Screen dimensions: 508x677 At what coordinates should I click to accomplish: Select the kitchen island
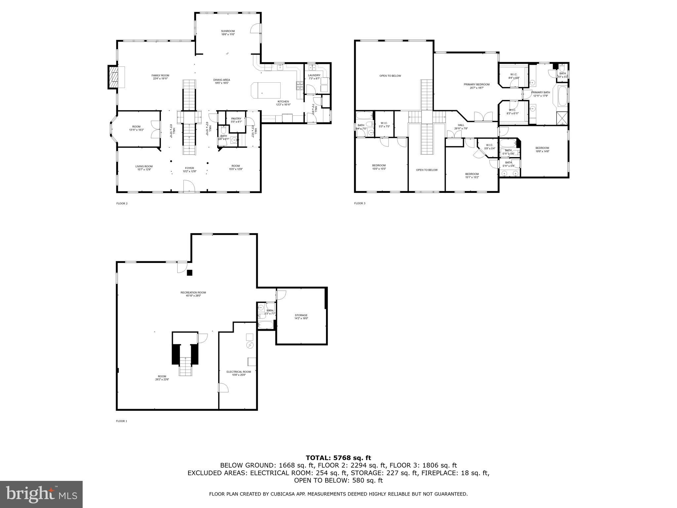tap(265, 90)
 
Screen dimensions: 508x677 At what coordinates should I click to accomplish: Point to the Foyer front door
tap(189, 186)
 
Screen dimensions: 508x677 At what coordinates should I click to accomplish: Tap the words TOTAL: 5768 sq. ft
tap(338, 458)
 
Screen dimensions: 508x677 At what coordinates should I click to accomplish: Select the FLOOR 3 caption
tap(360, 203)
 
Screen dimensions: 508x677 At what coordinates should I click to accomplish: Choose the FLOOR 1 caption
tap(122, 421)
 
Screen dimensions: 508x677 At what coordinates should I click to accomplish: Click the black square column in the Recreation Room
tap(189, 273)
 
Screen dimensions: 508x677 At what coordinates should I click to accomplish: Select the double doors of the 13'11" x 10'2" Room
tap(155, 129)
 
